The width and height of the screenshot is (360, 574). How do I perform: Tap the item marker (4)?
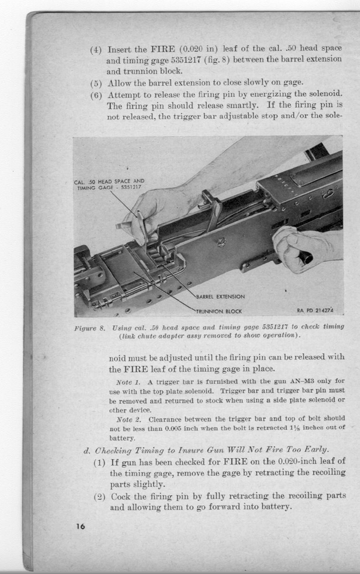pyautogui.click(x=96, y=50)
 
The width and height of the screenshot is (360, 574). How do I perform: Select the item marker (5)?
pyautogui.click(x=96, y=83)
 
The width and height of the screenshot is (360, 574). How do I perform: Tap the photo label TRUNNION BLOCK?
pyautogui.click(x=219, y=311)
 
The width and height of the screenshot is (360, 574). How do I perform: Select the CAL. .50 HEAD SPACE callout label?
pyautogui.click(x=109, y=185)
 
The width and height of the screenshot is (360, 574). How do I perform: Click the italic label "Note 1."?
pyautogui.click(x=128, y=381)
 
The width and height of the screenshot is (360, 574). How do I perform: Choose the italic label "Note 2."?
pyautogui.click(x=128, y=420)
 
